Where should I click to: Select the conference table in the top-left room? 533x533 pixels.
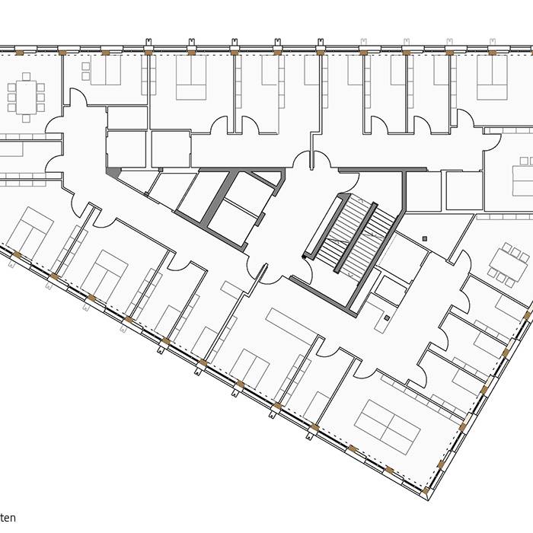pyautogui.click(x=26, y=97)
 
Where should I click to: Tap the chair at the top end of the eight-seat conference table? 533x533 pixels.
pyautogui.click(x=26, y=76)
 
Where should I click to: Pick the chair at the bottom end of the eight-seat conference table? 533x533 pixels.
pyautogui.click(x=26, y=119)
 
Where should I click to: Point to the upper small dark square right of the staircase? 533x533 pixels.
pyautogui.click(x=424, y=239)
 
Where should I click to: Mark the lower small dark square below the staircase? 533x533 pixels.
pyautogui.click(x=387, y=318)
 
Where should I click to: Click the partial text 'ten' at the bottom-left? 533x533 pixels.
pyautogui.click(x=8, y=519)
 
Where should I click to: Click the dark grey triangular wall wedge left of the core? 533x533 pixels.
pyautogui.click(x=113, y=174)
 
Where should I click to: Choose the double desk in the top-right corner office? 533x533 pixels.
pyautogui.click(x=492, y=81)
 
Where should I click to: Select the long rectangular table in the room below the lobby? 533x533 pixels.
pyautogui.click(x=291, y=325)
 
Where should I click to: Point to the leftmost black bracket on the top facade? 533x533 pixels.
pyautogui.click(x=149, y=41)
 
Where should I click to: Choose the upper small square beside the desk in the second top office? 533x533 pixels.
pyautogui.click(x=85, y=66)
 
